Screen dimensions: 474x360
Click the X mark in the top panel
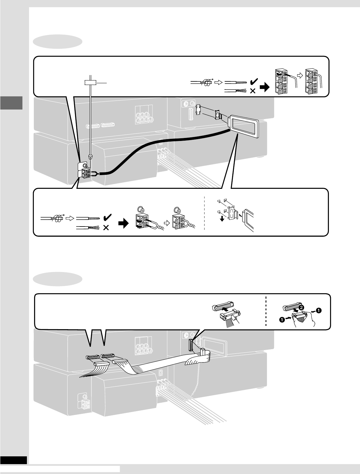point(252,91)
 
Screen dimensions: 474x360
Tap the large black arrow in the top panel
point(264,87)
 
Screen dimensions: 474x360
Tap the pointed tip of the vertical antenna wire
point(90,157)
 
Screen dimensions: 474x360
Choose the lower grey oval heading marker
point(58,279)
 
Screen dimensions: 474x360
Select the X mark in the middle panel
point(106,228)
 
